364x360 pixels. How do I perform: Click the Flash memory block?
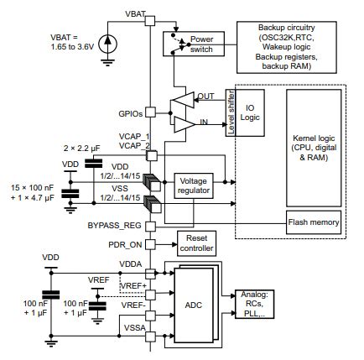pyautogui.click(x=314, y=222)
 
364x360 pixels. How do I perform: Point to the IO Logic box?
pyautogui.click(x=251, y=113)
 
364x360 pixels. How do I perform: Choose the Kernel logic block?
pyautogui.click(x=314, y=142)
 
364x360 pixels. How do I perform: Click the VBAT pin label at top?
pyautogui.click(x=136, y=15)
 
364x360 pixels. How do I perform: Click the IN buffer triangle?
pyautogui.click(x=182, y=124)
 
